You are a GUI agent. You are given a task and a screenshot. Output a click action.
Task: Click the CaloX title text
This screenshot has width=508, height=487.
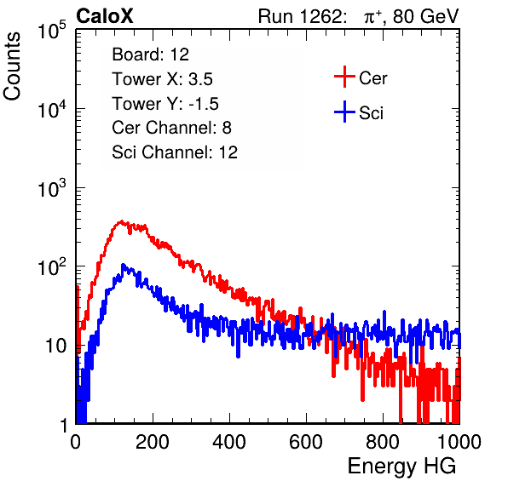pos(104,16)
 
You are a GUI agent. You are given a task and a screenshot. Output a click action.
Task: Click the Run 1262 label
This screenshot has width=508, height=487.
pos(300,16)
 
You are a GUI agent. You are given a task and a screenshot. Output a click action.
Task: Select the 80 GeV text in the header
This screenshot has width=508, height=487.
pos(425,16)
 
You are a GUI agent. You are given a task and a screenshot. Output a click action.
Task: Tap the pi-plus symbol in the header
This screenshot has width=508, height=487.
pos(372,16)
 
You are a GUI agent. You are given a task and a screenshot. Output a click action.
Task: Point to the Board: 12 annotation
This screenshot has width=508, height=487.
pos(150,54)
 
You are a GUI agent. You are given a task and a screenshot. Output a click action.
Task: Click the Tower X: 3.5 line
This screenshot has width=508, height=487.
pos(162,79)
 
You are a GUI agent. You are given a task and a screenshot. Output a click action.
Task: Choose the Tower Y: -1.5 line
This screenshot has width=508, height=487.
pos(165,104)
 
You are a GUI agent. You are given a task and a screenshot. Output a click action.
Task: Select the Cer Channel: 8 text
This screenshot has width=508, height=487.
pos(171,128)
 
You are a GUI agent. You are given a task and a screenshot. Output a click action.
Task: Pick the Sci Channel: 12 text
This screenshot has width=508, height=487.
pos(175,152)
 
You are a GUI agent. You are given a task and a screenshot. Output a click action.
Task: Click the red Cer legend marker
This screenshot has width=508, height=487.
pos(344,77)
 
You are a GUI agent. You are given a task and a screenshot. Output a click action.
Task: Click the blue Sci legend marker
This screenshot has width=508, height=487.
pos(344,112)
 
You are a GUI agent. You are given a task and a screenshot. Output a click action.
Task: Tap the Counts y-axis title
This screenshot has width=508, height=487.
pos(12,66)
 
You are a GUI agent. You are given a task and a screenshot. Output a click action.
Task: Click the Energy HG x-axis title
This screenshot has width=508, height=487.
pos(401,466)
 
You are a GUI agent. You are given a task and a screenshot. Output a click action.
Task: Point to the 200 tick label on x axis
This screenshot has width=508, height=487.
pos(153,442)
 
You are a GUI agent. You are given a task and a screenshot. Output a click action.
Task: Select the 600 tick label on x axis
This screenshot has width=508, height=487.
pos(306,442)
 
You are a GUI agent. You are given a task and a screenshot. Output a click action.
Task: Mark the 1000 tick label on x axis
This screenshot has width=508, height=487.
pos(459,442)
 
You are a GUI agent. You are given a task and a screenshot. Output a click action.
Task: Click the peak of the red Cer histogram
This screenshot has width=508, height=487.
pos(121,221)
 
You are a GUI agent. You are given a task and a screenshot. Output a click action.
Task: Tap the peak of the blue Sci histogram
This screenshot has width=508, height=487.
pos(123,265)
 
